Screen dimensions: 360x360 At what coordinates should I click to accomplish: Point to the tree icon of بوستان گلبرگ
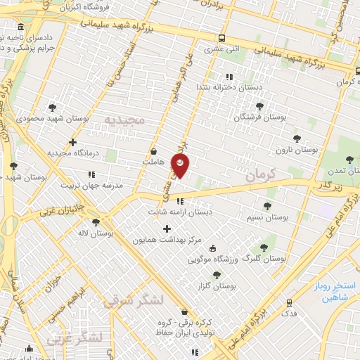point(264,247)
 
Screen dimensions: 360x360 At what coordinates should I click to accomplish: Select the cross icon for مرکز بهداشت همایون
point(167,229)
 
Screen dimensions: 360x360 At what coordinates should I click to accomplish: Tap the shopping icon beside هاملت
point(154,151)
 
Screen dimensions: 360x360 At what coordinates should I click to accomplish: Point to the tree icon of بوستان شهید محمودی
point(52,108)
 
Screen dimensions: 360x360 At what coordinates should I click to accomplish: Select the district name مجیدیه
point(124,120)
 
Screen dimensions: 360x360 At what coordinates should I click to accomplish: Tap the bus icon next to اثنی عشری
point(222,39)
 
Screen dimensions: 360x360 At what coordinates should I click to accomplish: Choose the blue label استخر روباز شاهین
point(331,292)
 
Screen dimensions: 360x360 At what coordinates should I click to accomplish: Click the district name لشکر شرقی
point(134,301)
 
